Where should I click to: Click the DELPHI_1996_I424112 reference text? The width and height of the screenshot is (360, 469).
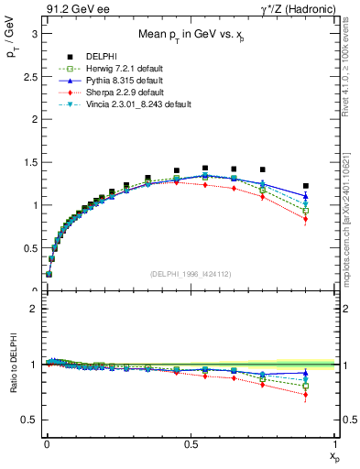(x=191, y=274)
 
